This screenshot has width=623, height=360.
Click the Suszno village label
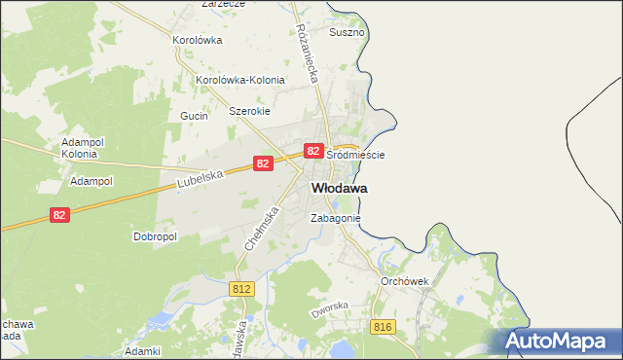coord(348,32)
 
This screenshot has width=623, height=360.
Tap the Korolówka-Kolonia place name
coord(240,80)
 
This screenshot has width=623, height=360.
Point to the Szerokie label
coord(248,111)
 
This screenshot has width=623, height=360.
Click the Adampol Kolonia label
coord(79,147)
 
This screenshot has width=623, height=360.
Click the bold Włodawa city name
coord(339,187)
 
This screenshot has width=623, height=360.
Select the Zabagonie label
coord(336,219)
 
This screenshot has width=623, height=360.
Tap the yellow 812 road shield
coord(242,289)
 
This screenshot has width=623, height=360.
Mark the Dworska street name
coord(329,310)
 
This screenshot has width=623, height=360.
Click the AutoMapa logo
coord(561,341)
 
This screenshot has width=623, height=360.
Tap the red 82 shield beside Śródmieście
coord(313,151)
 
